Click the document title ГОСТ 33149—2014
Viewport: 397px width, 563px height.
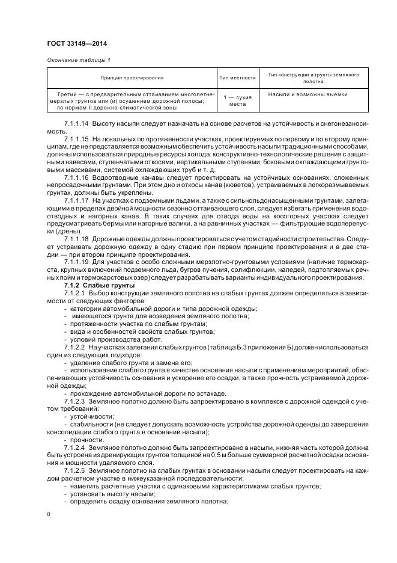pos(73,43)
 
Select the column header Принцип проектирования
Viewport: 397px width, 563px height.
pos(132,78)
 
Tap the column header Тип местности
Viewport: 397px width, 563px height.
pos(237,78)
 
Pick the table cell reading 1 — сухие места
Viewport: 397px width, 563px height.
pos(237,100)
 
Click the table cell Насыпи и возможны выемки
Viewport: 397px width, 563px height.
pos(308,94)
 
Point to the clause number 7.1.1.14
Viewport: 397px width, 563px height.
pos(76,123)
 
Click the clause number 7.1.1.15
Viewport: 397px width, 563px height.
pos(76,138)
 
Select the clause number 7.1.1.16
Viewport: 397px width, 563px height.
pos(76,177)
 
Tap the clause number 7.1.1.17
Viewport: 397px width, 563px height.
pos(76,200)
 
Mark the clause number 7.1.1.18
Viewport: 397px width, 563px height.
pos(76,239)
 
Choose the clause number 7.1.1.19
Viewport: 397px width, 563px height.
pos(76,262)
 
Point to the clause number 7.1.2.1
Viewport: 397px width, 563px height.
pos(74,293)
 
